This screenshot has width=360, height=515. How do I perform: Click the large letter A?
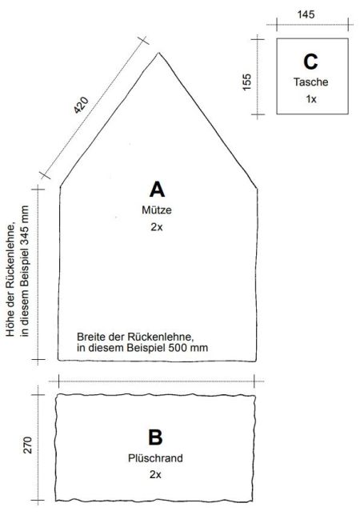pos(157,190)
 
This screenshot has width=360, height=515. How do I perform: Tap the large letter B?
pos(155,437)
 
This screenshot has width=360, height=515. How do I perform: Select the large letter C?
pos(310,62)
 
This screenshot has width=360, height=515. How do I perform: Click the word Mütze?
pos(157,210)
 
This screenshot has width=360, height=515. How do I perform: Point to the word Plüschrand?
pos(155,458)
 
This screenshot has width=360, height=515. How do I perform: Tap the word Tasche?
pos(310,82)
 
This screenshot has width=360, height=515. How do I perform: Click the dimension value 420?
pos(81,105)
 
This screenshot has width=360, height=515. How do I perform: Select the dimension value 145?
pos(306,14)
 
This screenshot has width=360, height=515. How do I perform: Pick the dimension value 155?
pos(246,82)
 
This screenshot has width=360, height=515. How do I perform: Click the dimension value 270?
pos(27,445)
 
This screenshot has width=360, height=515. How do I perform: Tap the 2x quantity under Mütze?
pos(157,227)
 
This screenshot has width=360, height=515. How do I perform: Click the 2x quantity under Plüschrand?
pos(155,474)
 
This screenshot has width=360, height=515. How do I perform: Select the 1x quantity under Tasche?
pos(310,99)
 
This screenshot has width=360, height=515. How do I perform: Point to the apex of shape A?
pos(159,53)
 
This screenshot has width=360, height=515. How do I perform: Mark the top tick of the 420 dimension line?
pos(143,41)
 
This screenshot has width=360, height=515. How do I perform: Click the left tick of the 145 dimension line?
pos(277,24)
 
